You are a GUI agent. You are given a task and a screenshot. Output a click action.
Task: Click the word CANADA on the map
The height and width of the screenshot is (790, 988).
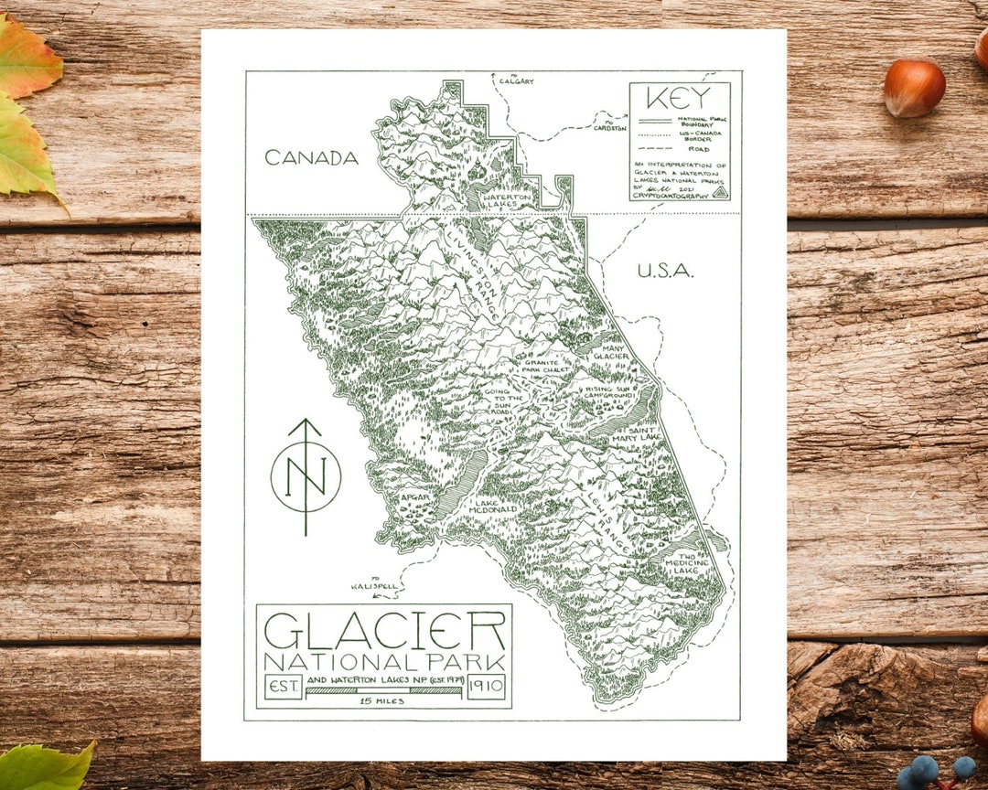tap(311, 158)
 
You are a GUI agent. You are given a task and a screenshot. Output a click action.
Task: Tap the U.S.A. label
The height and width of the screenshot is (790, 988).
tap(665, 271)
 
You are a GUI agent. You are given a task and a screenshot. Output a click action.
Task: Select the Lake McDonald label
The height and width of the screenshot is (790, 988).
tap(495, 507)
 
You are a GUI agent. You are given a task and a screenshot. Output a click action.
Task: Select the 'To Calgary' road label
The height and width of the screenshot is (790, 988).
tap(516, 79)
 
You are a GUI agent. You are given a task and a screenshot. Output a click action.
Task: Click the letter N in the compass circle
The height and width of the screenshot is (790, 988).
tap(306, 476)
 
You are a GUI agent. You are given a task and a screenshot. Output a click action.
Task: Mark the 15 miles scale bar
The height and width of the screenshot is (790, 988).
tap(383, 690)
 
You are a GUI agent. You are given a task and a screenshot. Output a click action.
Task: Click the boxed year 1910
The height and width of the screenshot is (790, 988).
tap(487, 686)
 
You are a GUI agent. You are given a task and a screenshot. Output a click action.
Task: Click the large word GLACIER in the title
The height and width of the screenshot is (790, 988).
tap(384, 630)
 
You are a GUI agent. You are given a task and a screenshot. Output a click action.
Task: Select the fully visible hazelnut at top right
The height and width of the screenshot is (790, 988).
tap(914, 88)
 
